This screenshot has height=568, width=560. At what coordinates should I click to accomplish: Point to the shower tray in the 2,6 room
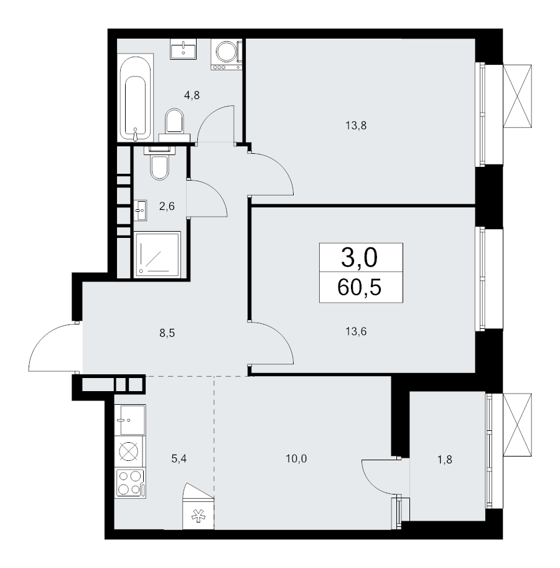[x=157, y=253]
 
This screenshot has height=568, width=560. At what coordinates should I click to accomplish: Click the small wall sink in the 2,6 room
[x=140, y=211]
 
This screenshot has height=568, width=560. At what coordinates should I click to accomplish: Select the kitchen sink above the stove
[x=129, y=419]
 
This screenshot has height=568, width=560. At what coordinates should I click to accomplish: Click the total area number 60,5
[x=360, y=288]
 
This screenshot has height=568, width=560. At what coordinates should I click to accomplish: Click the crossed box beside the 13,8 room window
[x=518, y=97]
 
